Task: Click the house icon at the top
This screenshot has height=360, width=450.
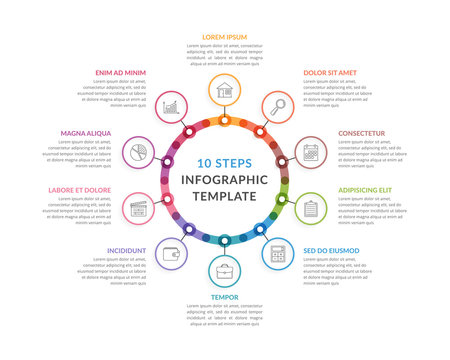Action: (x=224, y=90)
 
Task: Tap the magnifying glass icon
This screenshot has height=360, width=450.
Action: (x=276, y=105)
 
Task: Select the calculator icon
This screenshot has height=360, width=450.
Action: (x=277, y=254)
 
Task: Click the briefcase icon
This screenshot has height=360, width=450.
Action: (x=224, y=270)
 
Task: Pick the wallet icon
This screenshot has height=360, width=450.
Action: (x=171, y=254)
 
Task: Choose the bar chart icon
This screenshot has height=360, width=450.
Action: (x=171, y=105)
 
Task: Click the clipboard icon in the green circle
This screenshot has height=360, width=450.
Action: (x=310, y=208)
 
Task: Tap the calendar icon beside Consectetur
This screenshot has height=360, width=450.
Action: (x=310, y=153)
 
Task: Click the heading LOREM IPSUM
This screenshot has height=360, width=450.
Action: (x=224, y=37)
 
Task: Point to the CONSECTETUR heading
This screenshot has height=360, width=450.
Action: (x=361, y=133)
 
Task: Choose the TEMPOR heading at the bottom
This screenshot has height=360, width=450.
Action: (x=224, y=297)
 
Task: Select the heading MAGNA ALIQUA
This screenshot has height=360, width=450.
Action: (x=86, y=133)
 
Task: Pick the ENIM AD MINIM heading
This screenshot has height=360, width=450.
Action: (x=121, y=73)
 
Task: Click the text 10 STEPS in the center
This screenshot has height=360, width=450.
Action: (x=224, y=162)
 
